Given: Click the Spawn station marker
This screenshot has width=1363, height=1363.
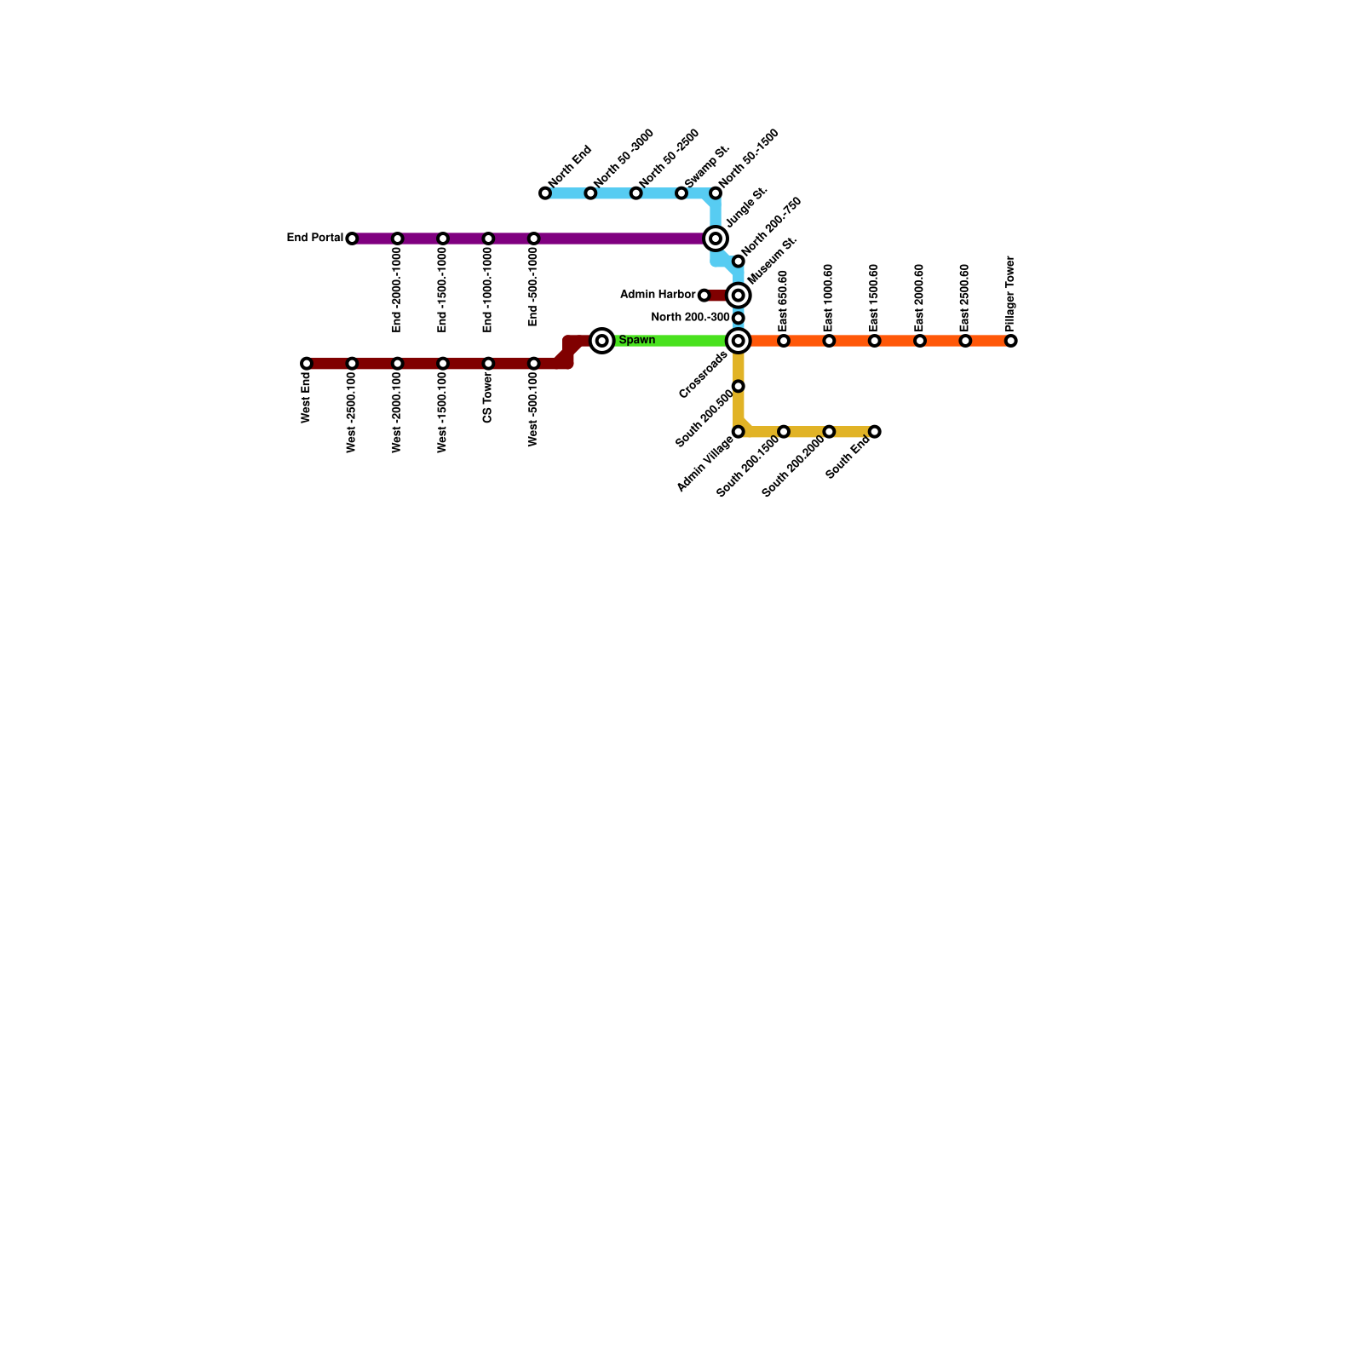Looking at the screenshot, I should tap(602, 341).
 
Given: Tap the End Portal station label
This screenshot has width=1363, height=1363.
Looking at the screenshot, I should tap(314, 238).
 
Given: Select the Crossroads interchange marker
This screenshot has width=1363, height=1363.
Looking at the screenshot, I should tap(739, 341).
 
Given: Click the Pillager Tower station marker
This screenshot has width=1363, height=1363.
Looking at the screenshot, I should tap(1010, 341).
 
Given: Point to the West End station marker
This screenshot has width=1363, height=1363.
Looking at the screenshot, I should tap(307, 364).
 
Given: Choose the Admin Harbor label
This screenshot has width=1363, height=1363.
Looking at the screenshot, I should tap(658, 295).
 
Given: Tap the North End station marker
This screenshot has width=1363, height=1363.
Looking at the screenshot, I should tap(545, 193).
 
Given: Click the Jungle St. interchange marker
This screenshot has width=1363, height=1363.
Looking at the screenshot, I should tap(716, 239).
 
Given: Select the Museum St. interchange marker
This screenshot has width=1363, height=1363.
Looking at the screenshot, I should tap(739, 296).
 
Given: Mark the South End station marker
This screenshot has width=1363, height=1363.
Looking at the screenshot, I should tap(874, 432).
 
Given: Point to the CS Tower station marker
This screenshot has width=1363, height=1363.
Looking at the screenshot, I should tap(488, 364).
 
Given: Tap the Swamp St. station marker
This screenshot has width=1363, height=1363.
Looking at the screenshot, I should tap(681, 193).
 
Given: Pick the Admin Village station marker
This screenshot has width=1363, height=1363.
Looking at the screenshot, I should tap(739, 432).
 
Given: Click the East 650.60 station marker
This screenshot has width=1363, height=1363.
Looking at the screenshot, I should tap(784, 341).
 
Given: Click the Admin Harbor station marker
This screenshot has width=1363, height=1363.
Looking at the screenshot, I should tap(704, 296).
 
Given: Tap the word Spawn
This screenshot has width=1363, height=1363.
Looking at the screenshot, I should tap(637, 341).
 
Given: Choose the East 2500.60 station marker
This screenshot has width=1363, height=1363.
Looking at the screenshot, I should tap(965, 341).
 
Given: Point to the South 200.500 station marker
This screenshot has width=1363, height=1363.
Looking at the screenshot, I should tap(739, 387).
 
